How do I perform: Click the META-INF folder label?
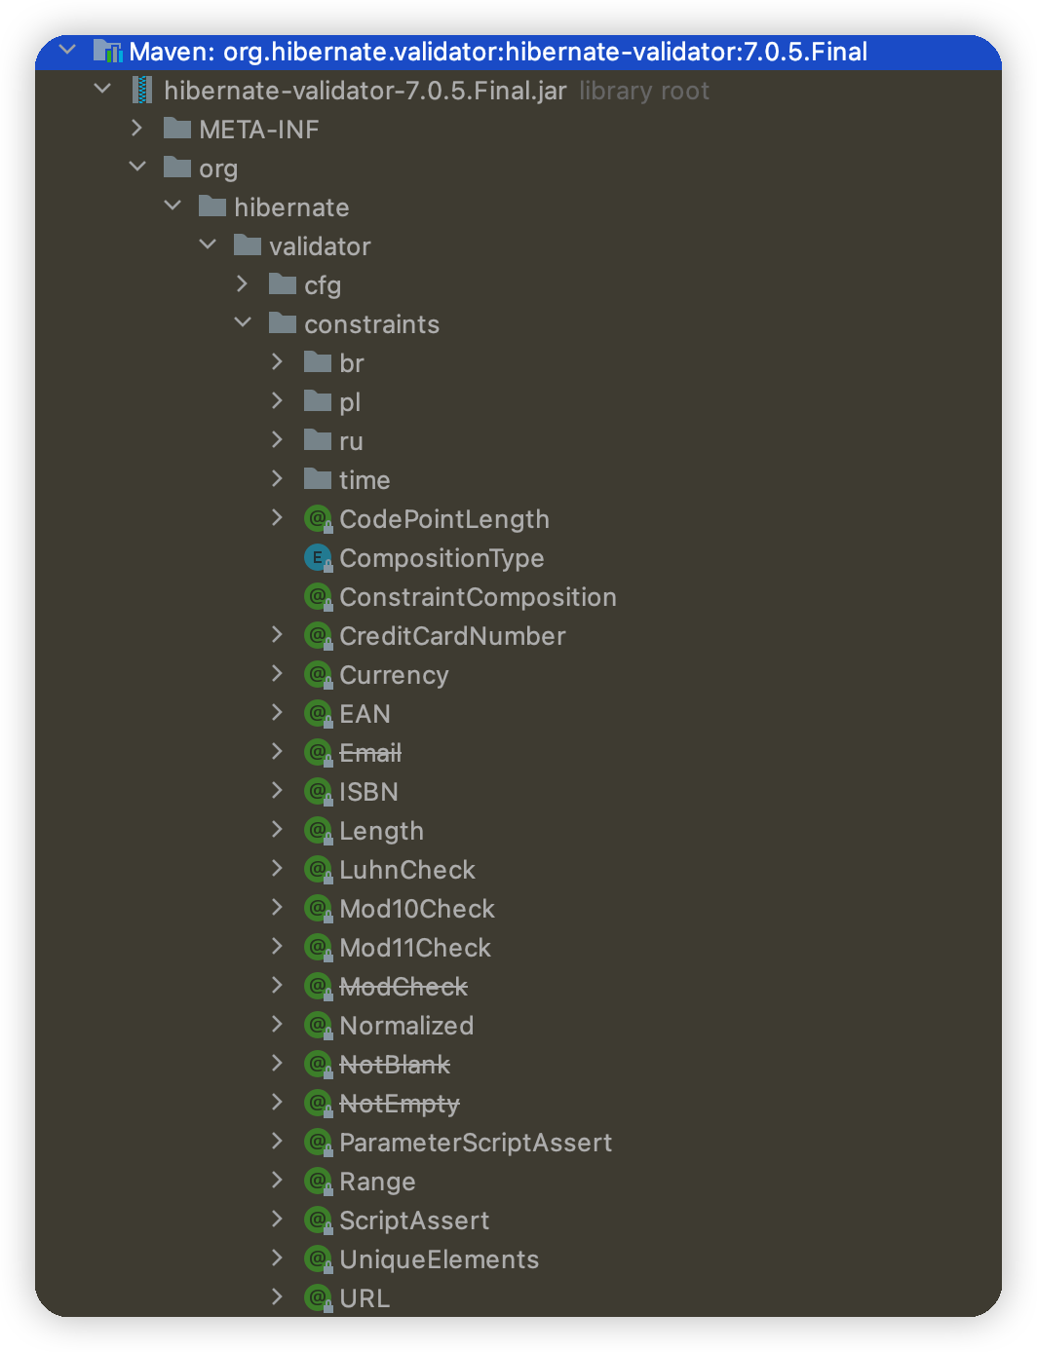tap(258, 130)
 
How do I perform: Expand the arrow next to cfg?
tap(243, 284)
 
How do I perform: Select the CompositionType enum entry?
tap(442, 558)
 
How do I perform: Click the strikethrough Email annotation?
tap(370, 753)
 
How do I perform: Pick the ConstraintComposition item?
tap(478, 597)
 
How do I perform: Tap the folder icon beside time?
tap(318, 479)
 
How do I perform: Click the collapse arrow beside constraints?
tap(243, 323)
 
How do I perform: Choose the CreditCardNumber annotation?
tap(452, 636)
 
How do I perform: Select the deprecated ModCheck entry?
tap(403, 987)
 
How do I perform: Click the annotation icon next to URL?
tap(318, 1297)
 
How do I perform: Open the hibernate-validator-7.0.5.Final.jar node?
tap(365, 91)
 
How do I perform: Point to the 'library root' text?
tap(644, 91)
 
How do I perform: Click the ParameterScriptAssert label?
tap(476, 1143)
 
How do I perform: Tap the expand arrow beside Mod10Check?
tap(278, 908)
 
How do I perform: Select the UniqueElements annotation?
tap(439, 1259)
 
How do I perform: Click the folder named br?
tap(352, 363)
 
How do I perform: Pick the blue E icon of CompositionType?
tap(318, 558)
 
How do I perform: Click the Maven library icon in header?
tap(107, 51)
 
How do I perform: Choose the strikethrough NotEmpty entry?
tap(399, 1104)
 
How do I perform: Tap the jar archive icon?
tap(143, 91)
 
